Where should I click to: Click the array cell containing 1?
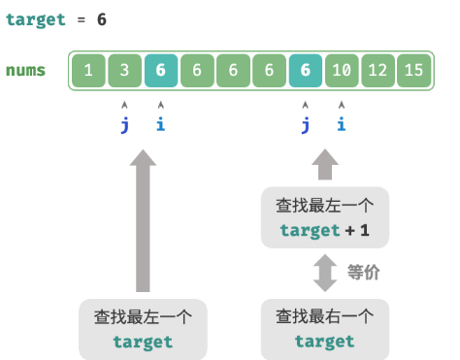click(x=88, y=71)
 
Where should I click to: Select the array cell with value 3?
click(x=124, y=71)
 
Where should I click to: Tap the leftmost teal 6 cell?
click(x=160, y=71)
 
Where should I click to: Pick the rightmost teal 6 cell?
click(x=306, y=71)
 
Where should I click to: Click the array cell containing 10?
click(x=342, y=71)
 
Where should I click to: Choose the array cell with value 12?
click(x=378, y=71)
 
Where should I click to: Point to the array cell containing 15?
click(x=414, y=71)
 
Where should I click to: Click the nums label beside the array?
click(x=25, y=71)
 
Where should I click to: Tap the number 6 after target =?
click(x=102, y=19)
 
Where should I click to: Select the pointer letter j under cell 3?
click(x=124, y=124)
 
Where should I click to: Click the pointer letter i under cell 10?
click(x=342, y=124)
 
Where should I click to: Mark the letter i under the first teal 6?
click(x=160, y=124)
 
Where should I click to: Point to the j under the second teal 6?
click(x=306, y=124)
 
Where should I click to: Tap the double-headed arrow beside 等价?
click(x=325, y=273)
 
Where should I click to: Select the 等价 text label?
click(x=363, y=274)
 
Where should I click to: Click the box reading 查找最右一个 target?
click(x=324, y=328)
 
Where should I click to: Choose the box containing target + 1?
click(x=324, y=218)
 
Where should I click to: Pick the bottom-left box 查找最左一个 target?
click(x=143, y=328)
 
